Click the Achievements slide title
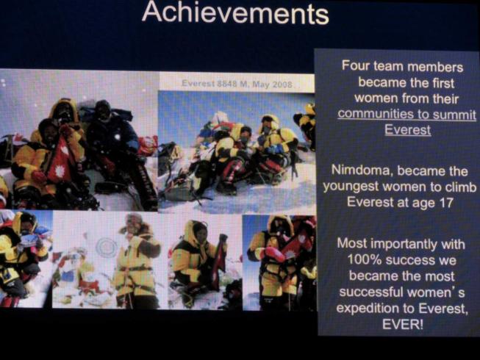[235, 13]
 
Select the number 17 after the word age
[446, 203]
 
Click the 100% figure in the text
[365, 260]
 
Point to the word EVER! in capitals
[403, 324]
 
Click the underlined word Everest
[408, 130]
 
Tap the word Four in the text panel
[355, 65]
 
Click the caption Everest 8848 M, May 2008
[237, 84]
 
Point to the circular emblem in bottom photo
[107, 247]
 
